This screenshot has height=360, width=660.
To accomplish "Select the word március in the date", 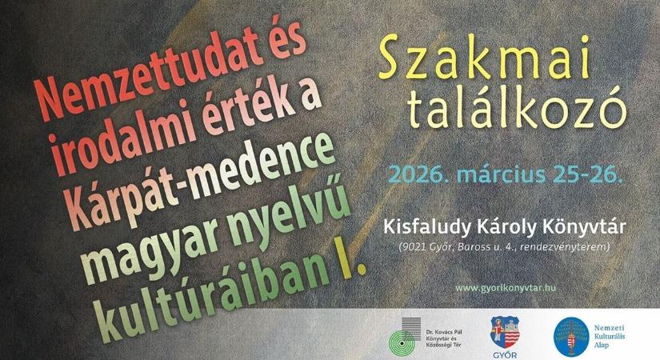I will [498, 173].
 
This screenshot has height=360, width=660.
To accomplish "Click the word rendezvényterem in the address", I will [568, 248].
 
